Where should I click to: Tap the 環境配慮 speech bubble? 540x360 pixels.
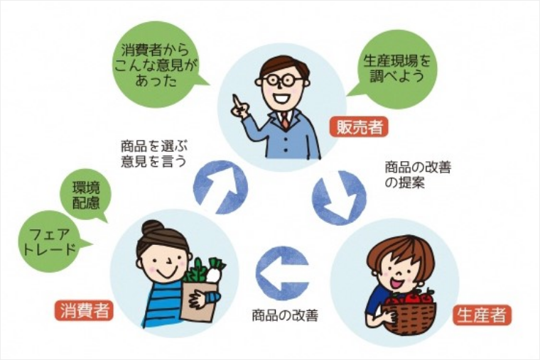(x=86, y=195)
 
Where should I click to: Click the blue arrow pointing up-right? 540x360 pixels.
(x=221, y=185)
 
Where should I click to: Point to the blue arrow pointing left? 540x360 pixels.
(x=282, y=273)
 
